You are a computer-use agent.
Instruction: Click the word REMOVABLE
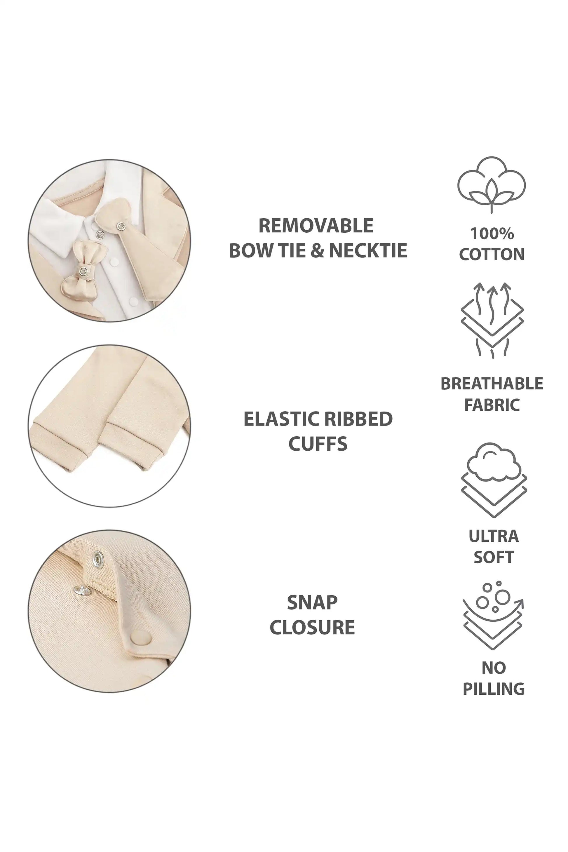click(316, 226)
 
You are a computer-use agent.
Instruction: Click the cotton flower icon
click(492, 185)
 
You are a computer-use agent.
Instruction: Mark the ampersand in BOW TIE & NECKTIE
click(317, 250)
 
